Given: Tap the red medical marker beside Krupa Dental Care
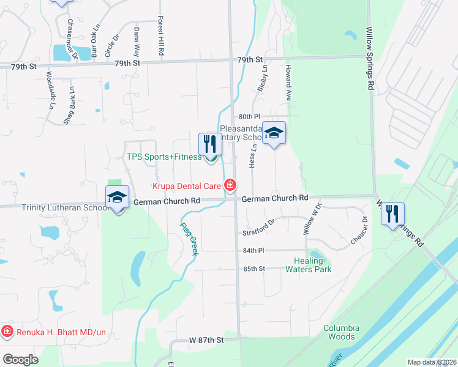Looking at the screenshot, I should pyautogui.click(x=230, y=185).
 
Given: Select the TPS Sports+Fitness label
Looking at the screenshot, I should pyautogui.click(x=163, y=157).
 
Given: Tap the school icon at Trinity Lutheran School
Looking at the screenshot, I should pyautogui.click(x=117, y=198).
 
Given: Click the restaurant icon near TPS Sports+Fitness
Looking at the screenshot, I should pyautogui.click(x=210, y=144).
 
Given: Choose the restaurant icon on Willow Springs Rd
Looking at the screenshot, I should pyautogui.click(x=392, y=214).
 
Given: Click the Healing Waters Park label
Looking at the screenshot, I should pyautogui.click(x=309, y=265).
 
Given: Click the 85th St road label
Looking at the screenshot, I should pyautogui.click(x=253, y=269).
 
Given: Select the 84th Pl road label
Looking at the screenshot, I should pyautogui.click(x=253, y=251).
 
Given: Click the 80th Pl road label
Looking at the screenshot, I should pyautogui.click(x=250, y=116).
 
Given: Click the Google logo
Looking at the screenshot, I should pyautogui.click(x=20, y=360).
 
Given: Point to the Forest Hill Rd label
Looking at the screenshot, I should pyautogui.click(x=161, y=36).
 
